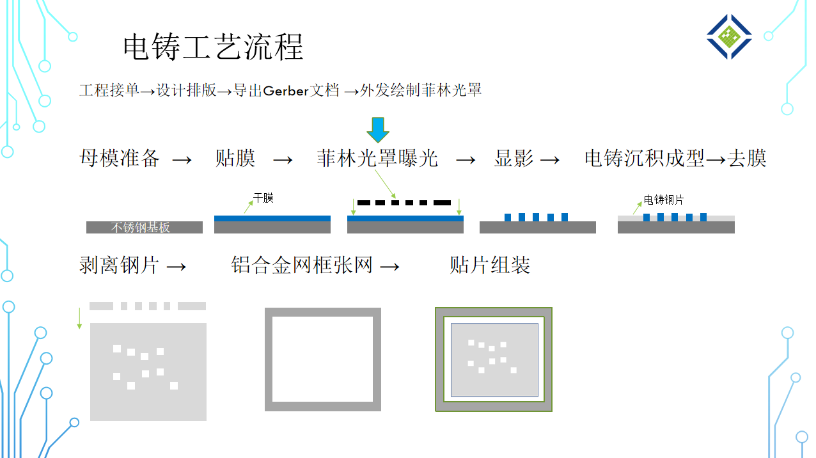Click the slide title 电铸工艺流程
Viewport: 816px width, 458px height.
click(212, 47)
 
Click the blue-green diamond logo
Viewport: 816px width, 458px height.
click(729, 37)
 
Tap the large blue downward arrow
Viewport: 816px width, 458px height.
click(378, 129)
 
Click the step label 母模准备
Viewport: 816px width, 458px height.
click(120, 158)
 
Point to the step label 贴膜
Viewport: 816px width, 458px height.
click(235, 158)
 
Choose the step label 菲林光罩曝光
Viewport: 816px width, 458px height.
click(377, 158)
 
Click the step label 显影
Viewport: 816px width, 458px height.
click(514, 158)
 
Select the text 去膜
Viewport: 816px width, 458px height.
click(747, 158)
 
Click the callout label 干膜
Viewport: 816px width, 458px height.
click(263, 198)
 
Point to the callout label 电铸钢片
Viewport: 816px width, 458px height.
click(664, 200)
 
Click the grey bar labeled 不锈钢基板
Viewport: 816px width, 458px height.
click(145, 227)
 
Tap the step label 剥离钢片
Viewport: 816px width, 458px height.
click(120, 265)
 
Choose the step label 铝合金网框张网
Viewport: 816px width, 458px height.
click(302, 265)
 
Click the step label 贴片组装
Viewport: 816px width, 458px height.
click(490, 265)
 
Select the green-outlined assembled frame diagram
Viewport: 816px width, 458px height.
click(493, 359)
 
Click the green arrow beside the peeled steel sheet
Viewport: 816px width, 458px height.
click(79, 318)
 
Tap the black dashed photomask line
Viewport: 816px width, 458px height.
click(404, 203)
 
